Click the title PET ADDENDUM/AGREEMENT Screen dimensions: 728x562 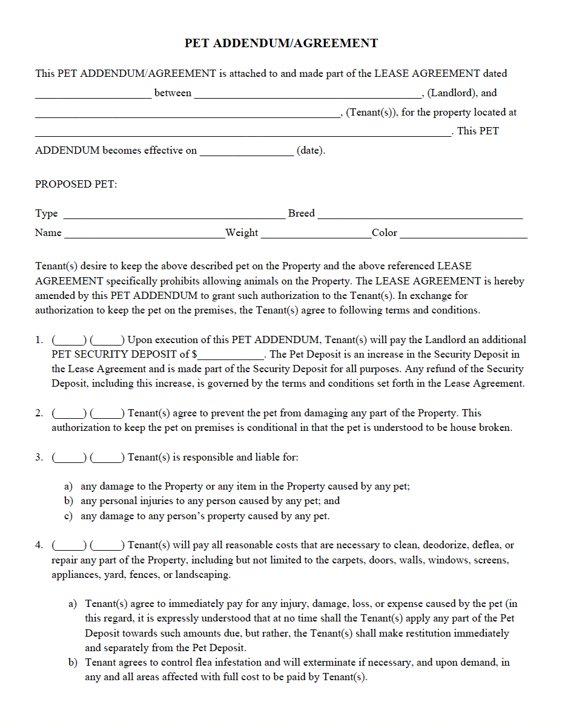(x=281, y=44)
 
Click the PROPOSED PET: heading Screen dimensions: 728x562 (x=76, y=184)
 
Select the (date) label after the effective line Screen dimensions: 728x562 (x=311, y=151)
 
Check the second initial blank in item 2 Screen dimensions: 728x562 (x=108, y=414)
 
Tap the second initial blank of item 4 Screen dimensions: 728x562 (x=108, y=546)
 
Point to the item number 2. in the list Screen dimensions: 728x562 (x=39, y=413)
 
